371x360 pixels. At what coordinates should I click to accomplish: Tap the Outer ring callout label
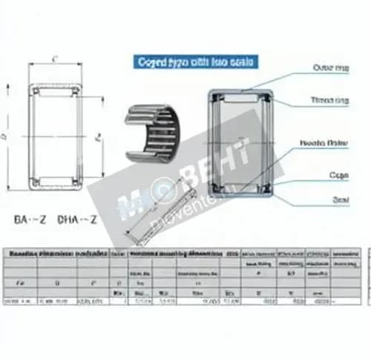(329, 68)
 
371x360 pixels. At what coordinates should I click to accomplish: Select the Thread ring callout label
(330, 100)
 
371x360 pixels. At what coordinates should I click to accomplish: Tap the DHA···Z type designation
(76, 220)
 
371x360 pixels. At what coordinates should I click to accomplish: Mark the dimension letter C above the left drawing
(56, 58)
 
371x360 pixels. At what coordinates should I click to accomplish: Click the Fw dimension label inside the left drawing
(99, 137)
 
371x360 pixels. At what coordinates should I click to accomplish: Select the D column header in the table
(57, 283)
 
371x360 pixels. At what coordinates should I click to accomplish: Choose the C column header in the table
(92, 283)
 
